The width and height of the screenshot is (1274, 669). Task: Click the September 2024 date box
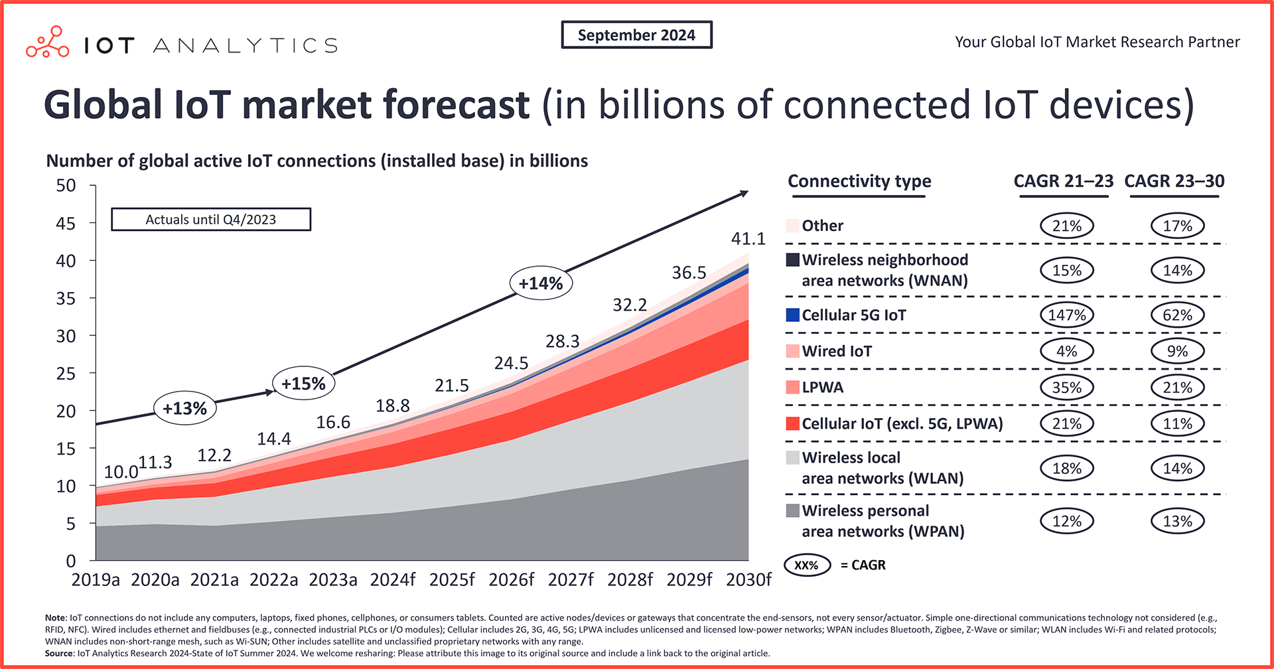tap(636, 35)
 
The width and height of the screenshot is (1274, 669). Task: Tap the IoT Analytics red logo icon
tap(47, 43)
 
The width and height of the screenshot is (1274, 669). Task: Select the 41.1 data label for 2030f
tap(748, 238)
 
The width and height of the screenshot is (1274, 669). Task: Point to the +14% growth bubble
tap(541, 283)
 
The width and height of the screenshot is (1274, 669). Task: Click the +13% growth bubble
tap(184, 408)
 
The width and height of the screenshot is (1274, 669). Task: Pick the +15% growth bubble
tap(303, 384)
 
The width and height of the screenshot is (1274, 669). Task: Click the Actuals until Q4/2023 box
tap(210, 220)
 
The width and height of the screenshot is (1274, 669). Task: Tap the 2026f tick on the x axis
tap(511, 580)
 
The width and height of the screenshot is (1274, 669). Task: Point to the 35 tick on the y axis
tap(66, 298)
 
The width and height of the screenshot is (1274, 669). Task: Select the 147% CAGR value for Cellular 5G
tap(1066, 315)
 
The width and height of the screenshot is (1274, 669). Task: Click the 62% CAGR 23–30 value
tap(1177, 315)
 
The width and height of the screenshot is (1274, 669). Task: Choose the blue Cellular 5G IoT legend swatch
tap(792, 315)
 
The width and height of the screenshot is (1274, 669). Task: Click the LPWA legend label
tap(822, 388)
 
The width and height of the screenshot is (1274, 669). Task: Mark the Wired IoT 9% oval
tap(1177, 351)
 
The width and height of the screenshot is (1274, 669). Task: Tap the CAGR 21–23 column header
tap(1063, 181)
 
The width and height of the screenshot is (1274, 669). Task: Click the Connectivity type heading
tap(859, 181)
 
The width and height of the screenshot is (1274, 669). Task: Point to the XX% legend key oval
tap(807, 565)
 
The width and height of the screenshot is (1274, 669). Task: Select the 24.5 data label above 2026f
tap(511, 363)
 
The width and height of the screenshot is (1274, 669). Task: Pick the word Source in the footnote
tap(58, 653)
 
